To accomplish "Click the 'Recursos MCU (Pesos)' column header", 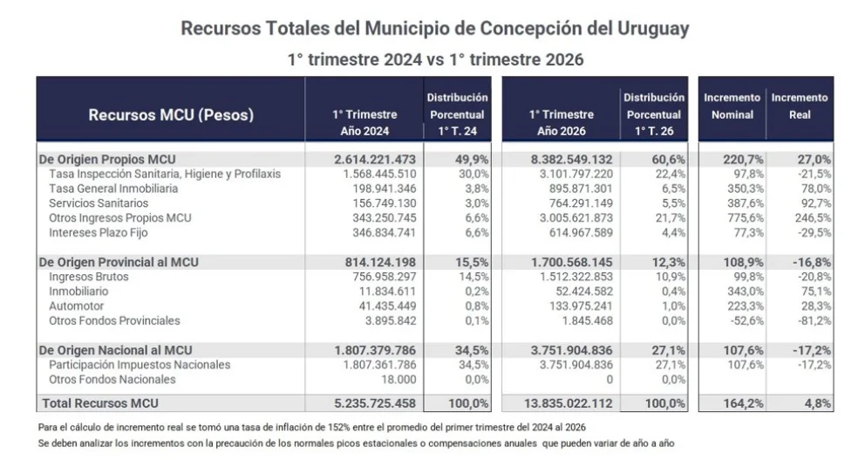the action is pos(171,114).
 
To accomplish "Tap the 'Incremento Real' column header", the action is pos(800,106).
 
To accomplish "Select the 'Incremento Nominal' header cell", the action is pos(732,106).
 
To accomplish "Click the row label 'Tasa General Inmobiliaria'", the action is pos(113,189).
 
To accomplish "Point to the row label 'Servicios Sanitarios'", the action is pos(99,203).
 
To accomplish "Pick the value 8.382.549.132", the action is pos(571,159).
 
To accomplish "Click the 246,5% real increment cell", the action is pos(813,217).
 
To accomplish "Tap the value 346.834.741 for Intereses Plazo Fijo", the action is pos(384,232).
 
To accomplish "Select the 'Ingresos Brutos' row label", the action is pos(88,277).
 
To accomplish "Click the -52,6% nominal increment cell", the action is pos(746,320).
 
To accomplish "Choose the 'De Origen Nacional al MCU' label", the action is pos(115,350).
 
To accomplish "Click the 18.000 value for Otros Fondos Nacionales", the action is pos(398,380).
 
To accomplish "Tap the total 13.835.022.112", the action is pos(569,403).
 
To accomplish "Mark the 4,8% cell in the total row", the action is pos(818,403).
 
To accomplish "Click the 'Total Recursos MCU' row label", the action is pos(100,403).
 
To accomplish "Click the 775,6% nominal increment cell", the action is pos(746,217).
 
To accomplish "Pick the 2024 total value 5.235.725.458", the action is pos(375,403).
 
